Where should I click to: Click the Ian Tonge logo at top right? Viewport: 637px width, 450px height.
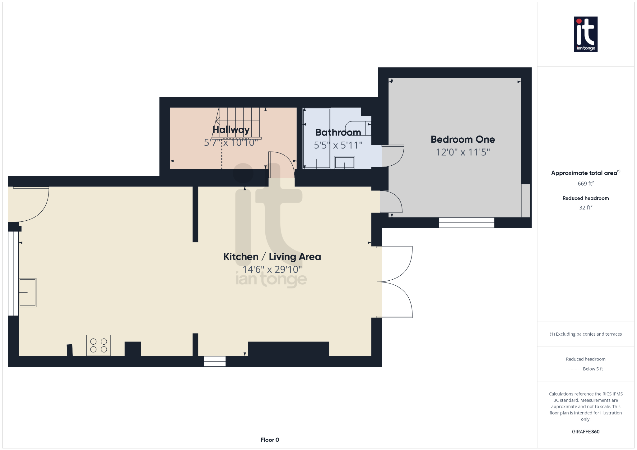585,34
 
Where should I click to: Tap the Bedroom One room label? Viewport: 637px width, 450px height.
463,140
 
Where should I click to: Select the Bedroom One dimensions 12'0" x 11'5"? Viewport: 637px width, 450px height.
463,152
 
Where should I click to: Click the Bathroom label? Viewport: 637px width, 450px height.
338,132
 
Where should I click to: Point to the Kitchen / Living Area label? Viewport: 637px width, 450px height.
272,257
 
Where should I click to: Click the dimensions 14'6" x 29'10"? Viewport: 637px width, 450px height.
272,269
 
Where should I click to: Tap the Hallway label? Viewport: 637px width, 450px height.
231,130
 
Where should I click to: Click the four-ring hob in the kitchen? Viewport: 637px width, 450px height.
99,345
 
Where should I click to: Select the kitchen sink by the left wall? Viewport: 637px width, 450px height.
27,292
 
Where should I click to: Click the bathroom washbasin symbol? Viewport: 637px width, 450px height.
344,163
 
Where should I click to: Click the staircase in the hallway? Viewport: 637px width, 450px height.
238,123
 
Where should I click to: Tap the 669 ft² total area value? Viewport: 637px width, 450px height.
585,184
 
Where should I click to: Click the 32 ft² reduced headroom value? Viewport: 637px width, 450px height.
585,208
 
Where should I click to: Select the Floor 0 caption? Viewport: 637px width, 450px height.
270,440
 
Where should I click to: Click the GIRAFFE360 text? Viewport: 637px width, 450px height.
585,432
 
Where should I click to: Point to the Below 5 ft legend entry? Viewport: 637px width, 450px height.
592,369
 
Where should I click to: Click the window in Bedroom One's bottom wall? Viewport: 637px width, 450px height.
466,223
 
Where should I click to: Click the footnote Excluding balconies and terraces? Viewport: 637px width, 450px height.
585,334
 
